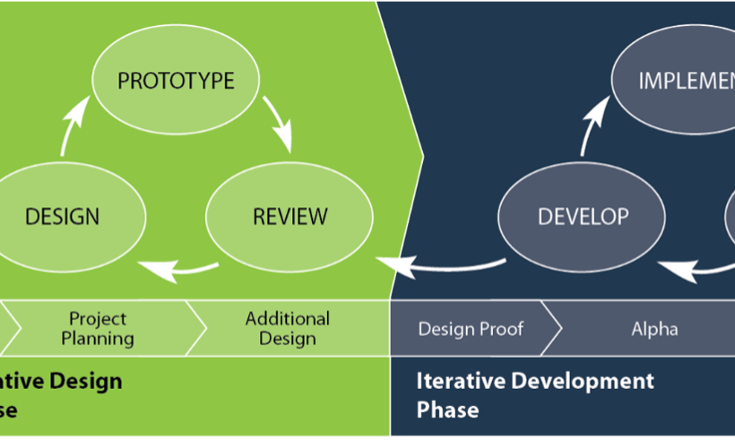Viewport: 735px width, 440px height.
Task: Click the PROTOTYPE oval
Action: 176,82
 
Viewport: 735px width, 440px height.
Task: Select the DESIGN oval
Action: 62,217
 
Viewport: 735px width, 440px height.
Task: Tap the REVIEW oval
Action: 290,217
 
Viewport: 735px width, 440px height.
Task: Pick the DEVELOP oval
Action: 583,217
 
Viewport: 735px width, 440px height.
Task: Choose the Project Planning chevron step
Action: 101,328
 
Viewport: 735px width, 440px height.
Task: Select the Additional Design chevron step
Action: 287,328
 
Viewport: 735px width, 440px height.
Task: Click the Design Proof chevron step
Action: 471,329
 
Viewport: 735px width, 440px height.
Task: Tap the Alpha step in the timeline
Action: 653,329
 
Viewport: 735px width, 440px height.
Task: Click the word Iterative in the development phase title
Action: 460,381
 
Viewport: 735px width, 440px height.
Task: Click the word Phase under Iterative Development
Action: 447,410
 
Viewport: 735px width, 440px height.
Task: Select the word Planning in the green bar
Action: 101,339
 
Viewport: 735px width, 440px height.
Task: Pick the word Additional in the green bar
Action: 288,318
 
